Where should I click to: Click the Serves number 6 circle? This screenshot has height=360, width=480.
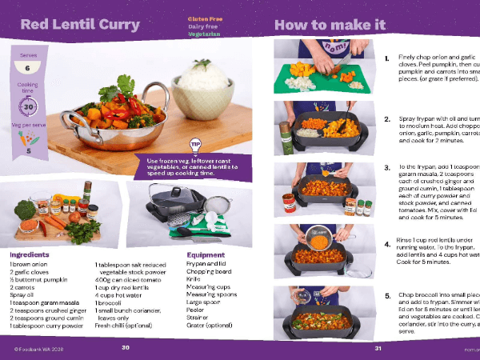point(28,68)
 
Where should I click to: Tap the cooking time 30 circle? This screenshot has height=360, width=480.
point(28,106)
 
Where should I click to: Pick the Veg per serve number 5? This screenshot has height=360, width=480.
point(29,150)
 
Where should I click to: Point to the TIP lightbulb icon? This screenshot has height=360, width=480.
point(194,145)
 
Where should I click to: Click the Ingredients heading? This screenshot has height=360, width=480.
point(30,255)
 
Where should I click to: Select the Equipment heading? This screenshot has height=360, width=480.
point(206,255)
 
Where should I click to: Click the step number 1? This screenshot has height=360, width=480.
point(387,58)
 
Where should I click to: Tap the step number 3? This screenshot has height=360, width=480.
point(387,168)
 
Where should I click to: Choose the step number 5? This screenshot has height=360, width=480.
point(387,295)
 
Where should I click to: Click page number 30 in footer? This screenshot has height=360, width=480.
point(125,348)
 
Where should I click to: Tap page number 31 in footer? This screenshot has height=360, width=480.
point(378,348)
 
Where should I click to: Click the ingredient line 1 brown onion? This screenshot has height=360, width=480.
point(31,265)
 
